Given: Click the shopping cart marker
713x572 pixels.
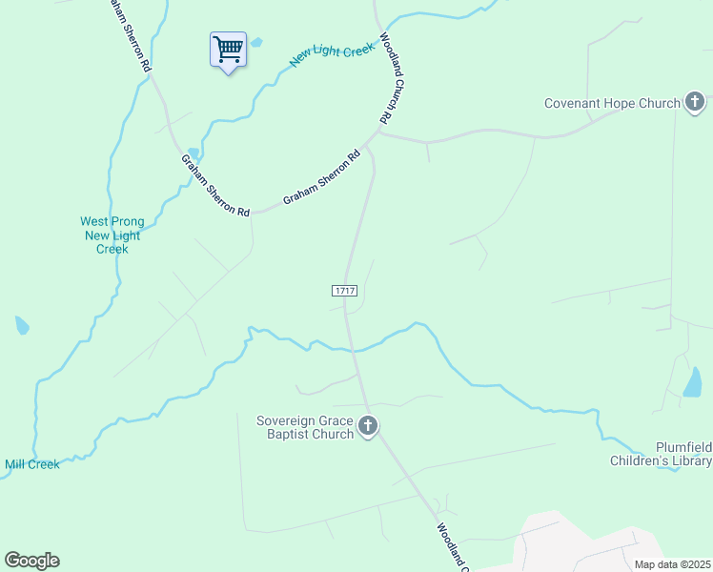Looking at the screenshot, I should click(x=228, y=49).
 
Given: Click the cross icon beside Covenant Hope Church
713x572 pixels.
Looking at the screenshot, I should click(x=695, y=102).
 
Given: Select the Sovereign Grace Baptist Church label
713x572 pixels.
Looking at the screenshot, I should click(x=305, y=427).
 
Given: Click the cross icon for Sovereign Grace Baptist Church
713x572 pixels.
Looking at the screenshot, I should click(x=369, y=426).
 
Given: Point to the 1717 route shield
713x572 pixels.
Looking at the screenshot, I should click(x=344, y=289).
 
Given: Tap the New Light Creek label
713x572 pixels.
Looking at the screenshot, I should click(x=331, y=53).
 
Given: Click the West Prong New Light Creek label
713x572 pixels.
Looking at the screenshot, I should click(x=112, y=235).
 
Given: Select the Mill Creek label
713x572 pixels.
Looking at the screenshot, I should click(x=31, y=464).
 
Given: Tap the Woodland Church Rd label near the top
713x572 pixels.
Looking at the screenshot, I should click(x=387, y=80).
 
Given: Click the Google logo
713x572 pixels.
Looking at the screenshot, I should click(x=31, y=560).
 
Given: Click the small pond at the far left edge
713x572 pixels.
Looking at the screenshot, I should click(x=21, y=325).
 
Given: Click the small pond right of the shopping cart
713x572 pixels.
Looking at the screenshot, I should click(x=256, y=42).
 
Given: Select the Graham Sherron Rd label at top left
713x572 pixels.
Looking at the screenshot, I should click(x=130, y=37).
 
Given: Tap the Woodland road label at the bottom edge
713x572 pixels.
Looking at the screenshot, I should click(x=452, y=546).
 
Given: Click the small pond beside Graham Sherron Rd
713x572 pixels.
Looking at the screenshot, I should click(x=194, y=153).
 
